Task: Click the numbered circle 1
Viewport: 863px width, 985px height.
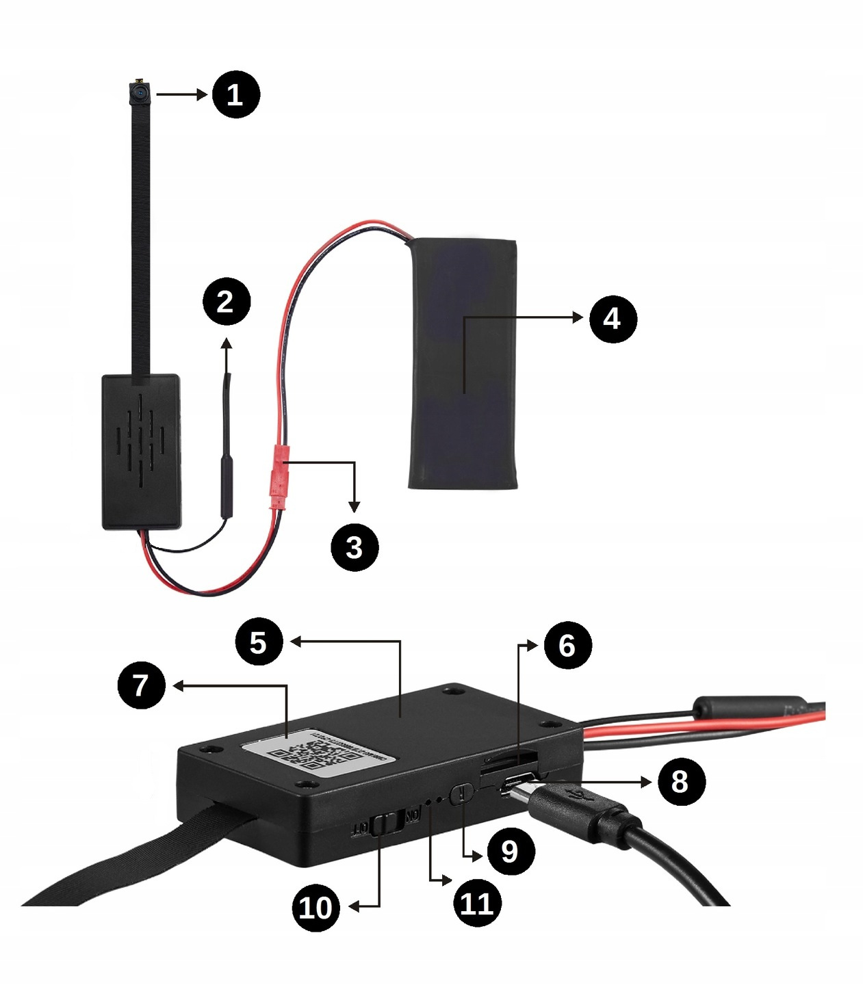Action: coord(235,94)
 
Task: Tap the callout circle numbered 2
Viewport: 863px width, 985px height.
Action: coord(227,302)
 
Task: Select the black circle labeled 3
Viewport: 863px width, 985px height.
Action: coord(354,547)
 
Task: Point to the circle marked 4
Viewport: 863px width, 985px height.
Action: coord(613,318)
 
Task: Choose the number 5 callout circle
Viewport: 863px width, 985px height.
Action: coord(258,642)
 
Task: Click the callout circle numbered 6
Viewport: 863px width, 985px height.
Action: coord(567,645)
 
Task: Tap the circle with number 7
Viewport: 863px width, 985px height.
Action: coord(141,685)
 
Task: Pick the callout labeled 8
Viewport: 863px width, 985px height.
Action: coord(680,781)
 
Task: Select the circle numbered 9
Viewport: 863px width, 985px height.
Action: coord(510,851)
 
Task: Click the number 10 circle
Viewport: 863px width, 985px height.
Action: coord(315,907)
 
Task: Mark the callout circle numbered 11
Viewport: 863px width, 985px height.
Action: coord(477,903)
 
